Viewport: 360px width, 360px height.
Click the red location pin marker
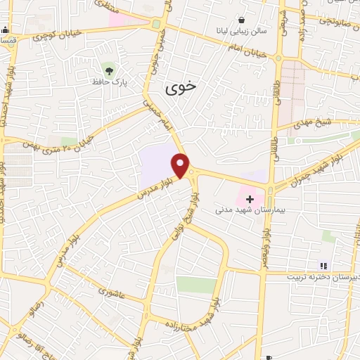pyautogui.click(x=181, y=165)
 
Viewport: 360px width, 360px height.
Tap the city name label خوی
pyautogui.click(x=181, y=88)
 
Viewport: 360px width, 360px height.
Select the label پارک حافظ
pyautogui.click(x=108, y=82)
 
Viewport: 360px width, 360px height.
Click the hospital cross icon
pyautogui.click(x=250, y=199)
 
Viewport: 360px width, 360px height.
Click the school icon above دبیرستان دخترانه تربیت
pyautogui.click(x=323, y=265)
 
